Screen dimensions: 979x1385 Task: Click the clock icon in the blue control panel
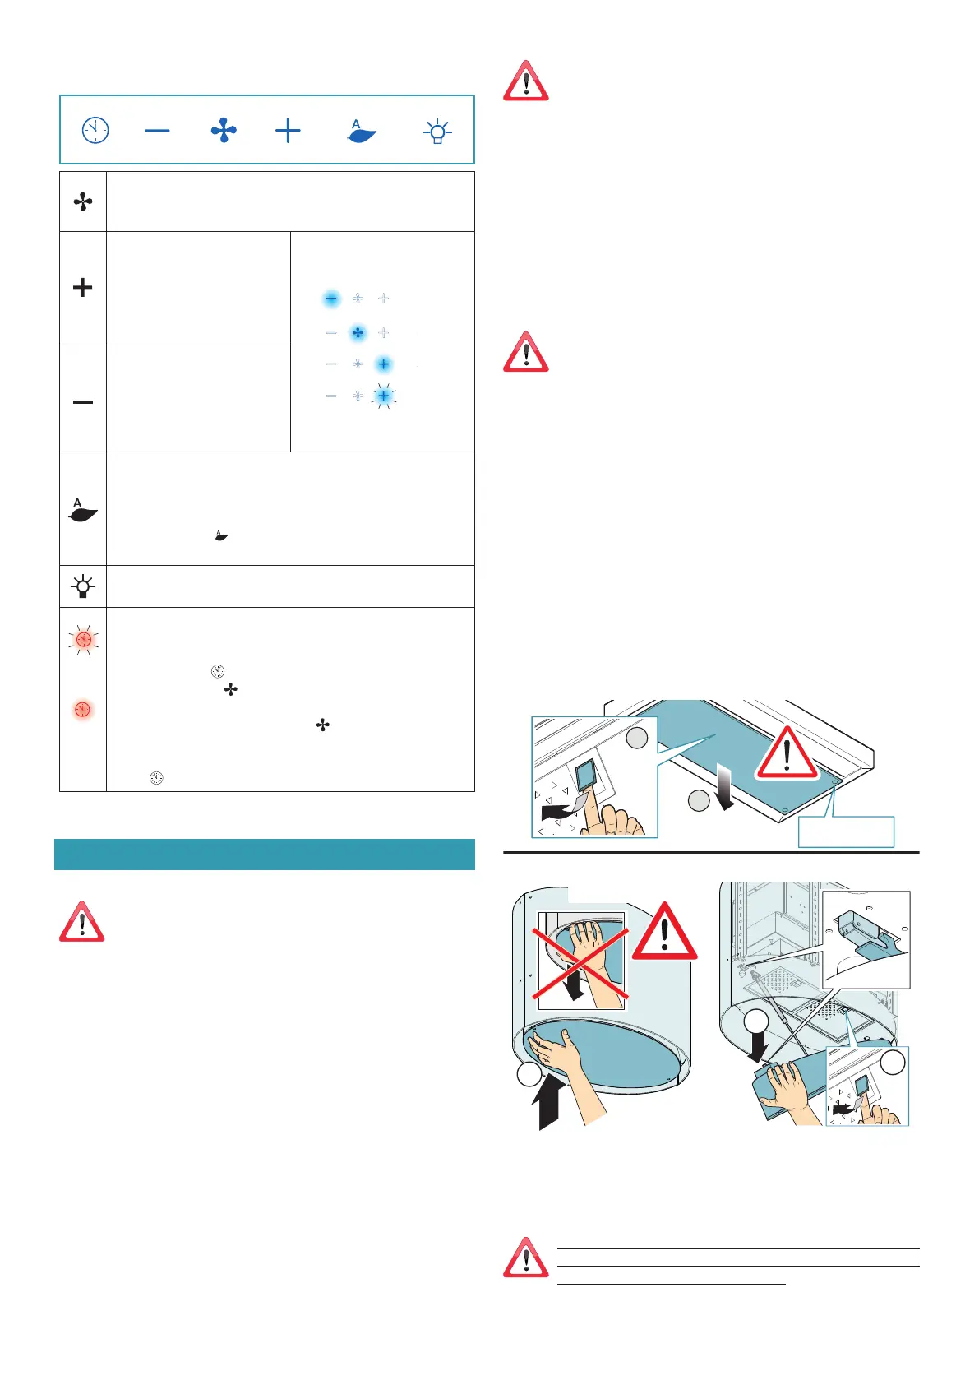pyautogui.click(x=95, y=130)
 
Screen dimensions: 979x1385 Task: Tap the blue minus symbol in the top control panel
pyautogui.click(x=157, y=130)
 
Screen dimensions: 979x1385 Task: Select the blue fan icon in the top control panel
pyautogui.click(x=224, y=130)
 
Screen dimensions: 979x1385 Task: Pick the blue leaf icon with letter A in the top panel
pyautogui.click(x=361, y=131)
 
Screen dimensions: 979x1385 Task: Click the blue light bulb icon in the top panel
pyautogui.click(x=437, y=131)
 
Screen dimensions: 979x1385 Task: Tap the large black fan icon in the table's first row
pyautogui.click(x=83, y=201)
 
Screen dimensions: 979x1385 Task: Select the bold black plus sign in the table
pyautogui.click(x=83, y=287)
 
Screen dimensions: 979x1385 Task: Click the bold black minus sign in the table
pyautogui.click(x=83, y=401)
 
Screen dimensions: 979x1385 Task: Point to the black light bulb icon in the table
pyautogui.click(x=83, y=587)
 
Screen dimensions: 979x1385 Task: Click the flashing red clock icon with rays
pyautogui.click(x=83, y=639)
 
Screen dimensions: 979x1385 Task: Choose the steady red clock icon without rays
pyautogui.click(x=82, y=709)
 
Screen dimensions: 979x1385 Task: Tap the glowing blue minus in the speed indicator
pyautogui.click(x=331, y=299)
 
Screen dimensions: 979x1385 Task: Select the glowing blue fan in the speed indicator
pyautogui.click(x=358, y=332)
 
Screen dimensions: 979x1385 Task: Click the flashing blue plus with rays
pyautogui.click(x=383, y=396)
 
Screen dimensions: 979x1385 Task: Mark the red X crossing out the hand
pyautogui.click(x=581, y=960)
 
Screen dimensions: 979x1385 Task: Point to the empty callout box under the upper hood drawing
pyautogui.click(x=846, y=831)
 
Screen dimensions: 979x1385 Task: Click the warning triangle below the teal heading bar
pyautogui.click(x=81, y=923)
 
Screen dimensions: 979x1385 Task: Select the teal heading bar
pyautogui.click(x=264, y=854)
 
